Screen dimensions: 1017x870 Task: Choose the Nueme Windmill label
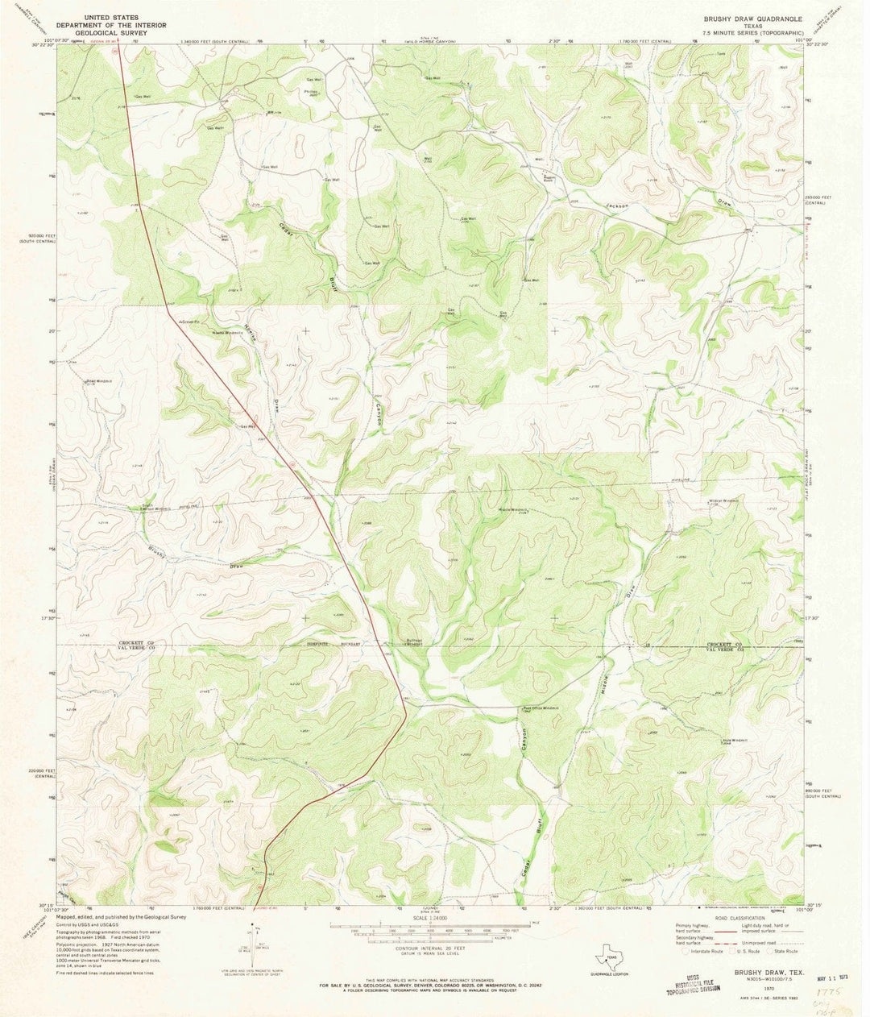coord(228,331)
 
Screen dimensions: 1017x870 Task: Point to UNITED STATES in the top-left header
coord(102,15)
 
